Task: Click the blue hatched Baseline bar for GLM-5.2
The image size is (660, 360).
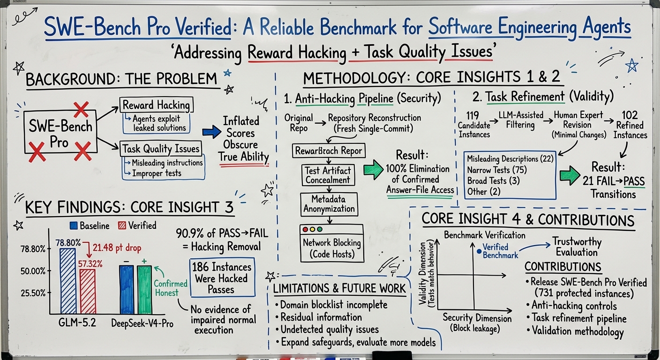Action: pyautogui.click(x=68, y=281)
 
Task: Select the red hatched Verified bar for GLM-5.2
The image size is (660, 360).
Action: pyautogui.click(x=88, y=292)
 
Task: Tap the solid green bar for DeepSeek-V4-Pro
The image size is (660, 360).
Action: pyautogui.click(x=144, y=290)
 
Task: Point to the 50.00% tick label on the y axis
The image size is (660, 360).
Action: pyautogui.click(x=33, y=271)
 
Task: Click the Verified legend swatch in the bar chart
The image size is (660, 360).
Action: pyautogui.click(x=122, y=225)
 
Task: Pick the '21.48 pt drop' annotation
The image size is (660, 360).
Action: pyautogui.click(x=117, y=248)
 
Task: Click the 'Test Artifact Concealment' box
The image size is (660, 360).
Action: pyautogui.click(x=328, y=175)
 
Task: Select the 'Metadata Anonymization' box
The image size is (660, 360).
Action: pyautogui.click(x=329, y=204)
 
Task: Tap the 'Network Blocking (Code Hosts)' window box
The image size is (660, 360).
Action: pyautogui.click(x=332, y=243)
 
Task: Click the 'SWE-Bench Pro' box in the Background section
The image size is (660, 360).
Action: pyautogui.click(x=60, y=132)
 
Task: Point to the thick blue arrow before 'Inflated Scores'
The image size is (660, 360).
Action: pyautogui.click(x=211, y=132)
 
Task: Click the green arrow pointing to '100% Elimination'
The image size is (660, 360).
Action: pyautogui.click(x=373, y=169)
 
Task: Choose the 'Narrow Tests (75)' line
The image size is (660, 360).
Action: pyautogui.click(x=488, y=170)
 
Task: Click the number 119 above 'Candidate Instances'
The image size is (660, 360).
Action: pyautogui.click(x=472, y=115)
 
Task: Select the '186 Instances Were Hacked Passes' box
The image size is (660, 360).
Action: pyautogui.click(x=222, y=277)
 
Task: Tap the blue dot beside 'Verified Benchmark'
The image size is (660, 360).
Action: pyautogui.click(x=479, y=251)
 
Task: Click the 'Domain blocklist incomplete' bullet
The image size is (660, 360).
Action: pyautogui.click(x=331, y=305)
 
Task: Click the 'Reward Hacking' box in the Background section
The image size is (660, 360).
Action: pyautogui.click(x=157, y=105)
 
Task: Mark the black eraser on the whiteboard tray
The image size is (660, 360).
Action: pyautogui.click(x=392, y=355)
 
